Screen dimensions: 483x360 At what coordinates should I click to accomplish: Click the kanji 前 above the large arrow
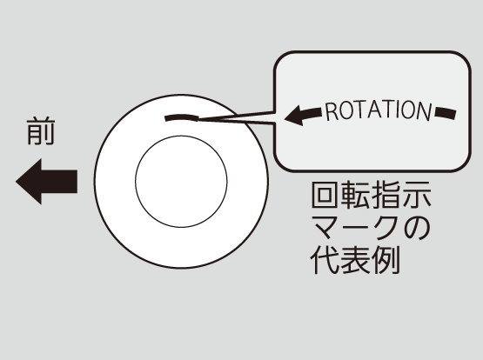coord(41,130)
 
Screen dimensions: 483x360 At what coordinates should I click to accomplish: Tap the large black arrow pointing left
coord(46,182)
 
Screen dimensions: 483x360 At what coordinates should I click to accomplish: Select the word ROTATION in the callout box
coord(379,110)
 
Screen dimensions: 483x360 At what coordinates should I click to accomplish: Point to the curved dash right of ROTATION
coord(446,113)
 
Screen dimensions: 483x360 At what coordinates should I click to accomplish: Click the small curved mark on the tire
coord(182,117)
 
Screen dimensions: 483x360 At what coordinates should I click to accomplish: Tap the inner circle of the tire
coord(181,182)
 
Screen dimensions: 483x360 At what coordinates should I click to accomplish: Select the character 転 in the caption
coord(356,196)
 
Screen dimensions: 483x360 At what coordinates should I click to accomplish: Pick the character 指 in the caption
coord(386,196)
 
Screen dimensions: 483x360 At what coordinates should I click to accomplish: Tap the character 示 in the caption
coord(416,196)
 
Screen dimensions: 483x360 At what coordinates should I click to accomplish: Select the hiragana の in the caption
coord(417,228)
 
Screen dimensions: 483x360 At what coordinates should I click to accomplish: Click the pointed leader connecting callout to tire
coord(236,118)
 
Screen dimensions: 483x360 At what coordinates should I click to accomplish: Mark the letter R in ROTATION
coord(331,111)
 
